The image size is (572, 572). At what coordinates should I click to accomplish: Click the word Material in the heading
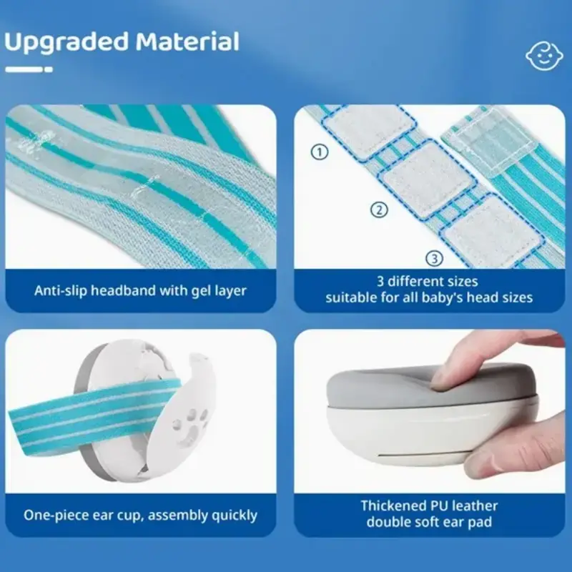point(187,41)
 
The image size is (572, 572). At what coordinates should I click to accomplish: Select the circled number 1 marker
point(320,152)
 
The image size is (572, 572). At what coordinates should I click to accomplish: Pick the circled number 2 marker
point(380,209)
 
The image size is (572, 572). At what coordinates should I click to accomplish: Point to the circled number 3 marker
point(435,259)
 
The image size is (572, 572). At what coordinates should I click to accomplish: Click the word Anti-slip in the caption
point(61,291)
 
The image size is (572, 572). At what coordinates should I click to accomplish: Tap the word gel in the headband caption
point(201,292)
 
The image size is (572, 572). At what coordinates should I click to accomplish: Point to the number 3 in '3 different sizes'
point(380,282)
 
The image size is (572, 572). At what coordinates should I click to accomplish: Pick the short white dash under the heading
point(49,69)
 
